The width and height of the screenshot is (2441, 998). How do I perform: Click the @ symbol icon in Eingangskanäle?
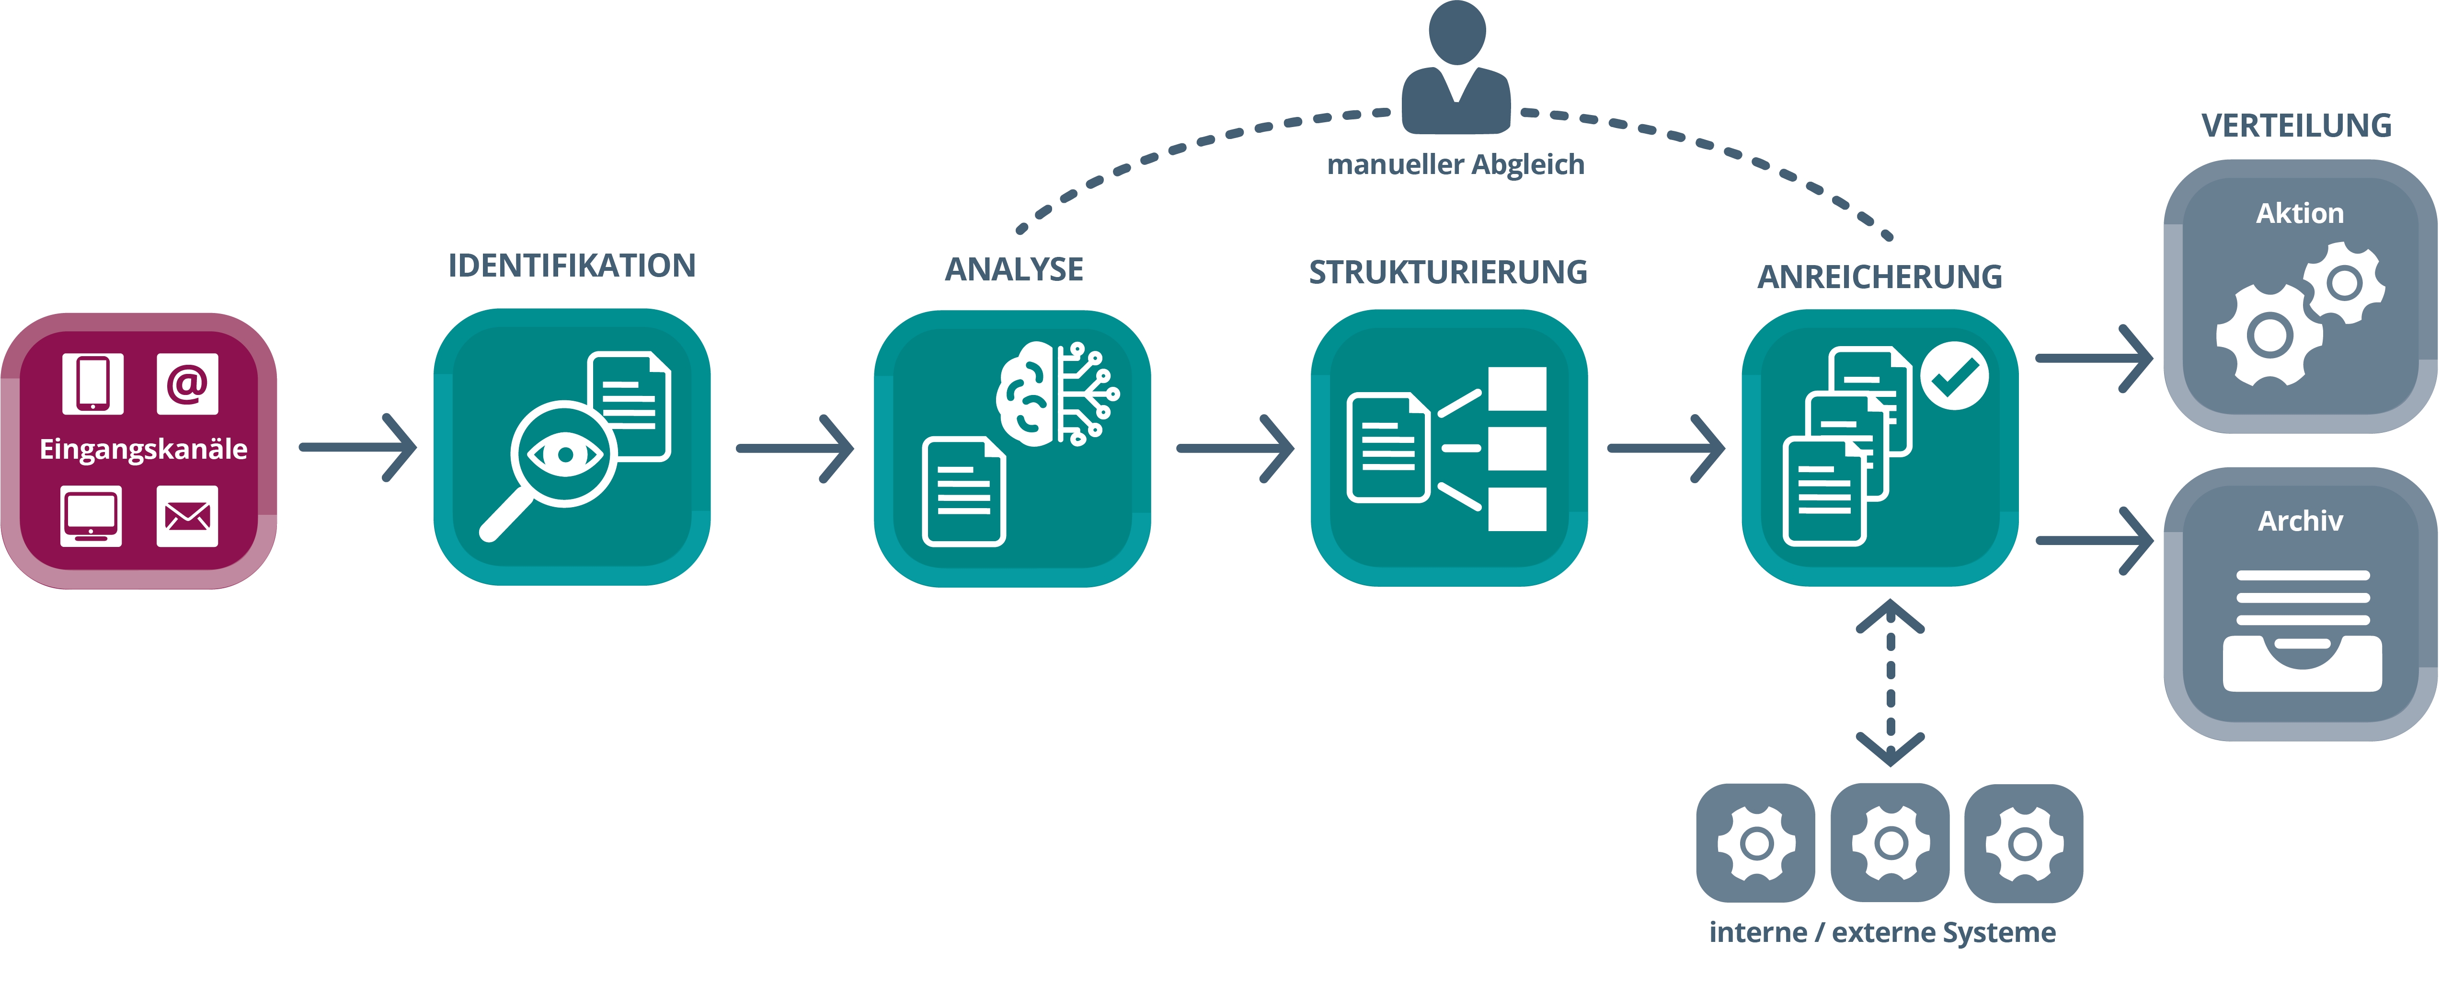(x=187, y=384)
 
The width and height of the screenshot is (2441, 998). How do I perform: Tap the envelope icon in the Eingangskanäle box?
(x=187, y=517)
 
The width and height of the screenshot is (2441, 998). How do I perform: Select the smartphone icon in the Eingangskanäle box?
(x=93, y=384)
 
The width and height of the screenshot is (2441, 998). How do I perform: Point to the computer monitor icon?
(x=91, y=517)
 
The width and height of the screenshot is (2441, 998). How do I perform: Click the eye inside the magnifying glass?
(x=565, y=455)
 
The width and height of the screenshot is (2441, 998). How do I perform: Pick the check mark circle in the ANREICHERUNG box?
(x=1954, y=376)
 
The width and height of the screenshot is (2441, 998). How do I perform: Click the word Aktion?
(x=2300, y=213)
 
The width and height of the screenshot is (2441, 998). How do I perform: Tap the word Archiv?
(x=2300, y=520)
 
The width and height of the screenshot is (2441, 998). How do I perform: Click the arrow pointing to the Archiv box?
(x=2094, y=540)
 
